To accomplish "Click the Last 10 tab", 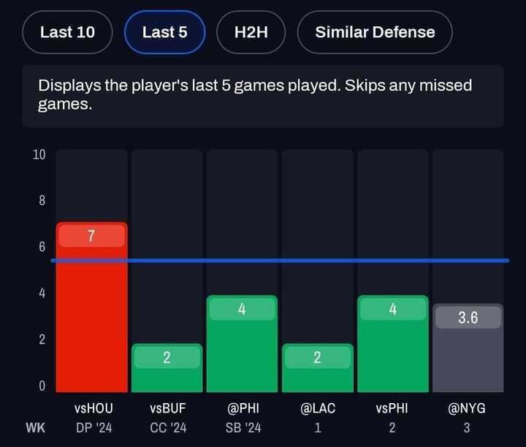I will (67, 32).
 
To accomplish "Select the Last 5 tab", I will (164, 32).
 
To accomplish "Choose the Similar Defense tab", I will (375, 32).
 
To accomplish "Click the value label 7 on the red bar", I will (92, 236).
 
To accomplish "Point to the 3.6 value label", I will (468, 318).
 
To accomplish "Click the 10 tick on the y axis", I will (39, 155).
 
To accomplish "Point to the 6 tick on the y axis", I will (42, 247).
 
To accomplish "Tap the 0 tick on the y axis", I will (42, 386).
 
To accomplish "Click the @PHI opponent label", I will (242, 408).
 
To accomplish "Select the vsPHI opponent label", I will (392, 408).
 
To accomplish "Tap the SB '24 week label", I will (242, 427).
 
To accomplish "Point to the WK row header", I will (36, 427).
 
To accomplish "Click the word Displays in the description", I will (69, 86).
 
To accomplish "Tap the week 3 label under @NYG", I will (467, 427).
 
